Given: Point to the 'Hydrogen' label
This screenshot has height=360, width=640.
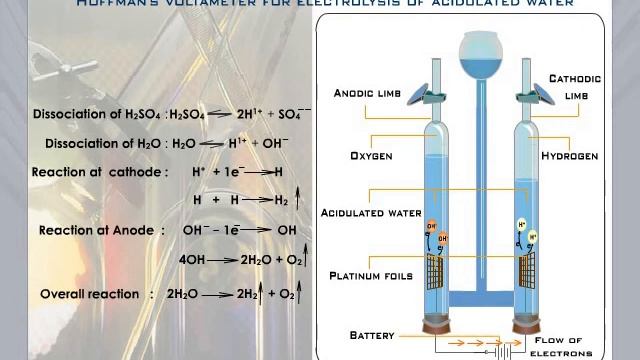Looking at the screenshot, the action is click(x=569, y=157).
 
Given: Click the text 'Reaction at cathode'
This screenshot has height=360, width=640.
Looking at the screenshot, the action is click(x=100, y=172).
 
